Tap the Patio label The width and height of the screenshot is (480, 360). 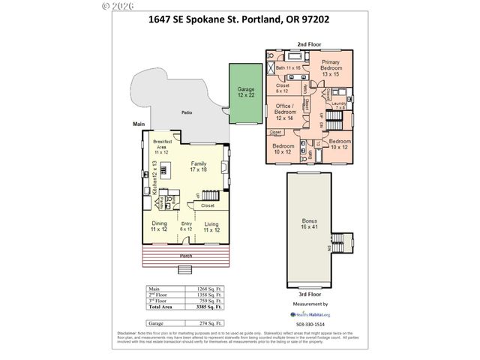point(186,112)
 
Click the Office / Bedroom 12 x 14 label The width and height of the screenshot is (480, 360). point(283,112)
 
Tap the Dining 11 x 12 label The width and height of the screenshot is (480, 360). point(159,226)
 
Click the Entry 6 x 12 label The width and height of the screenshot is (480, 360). point(185,226)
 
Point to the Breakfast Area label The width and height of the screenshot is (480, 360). point(163,144)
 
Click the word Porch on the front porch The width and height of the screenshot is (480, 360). point(185,256)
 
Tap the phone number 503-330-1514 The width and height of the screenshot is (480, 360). point(309,323)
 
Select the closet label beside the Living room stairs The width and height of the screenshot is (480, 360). point(208,205)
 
